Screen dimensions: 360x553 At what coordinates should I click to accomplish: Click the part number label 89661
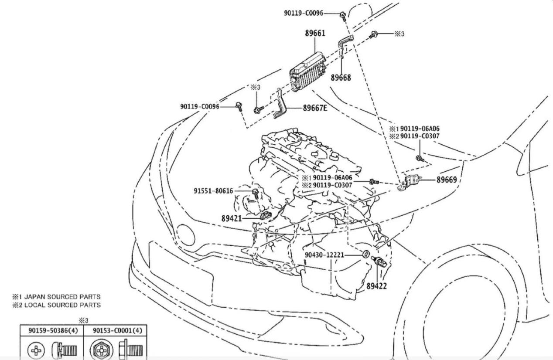point(314,33)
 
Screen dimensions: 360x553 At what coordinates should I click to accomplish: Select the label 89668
point(341,78)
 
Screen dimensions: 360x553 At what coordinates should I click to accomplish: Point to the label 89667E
point(315,108)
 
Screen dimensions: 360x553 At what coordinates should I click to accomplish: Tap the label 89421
point(232,219)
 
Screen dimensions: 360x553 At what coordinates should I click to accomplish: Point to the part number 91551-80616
point(213,190)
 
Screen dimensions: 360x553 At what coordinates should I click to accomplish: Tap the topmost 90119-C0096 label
point(304,14)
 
